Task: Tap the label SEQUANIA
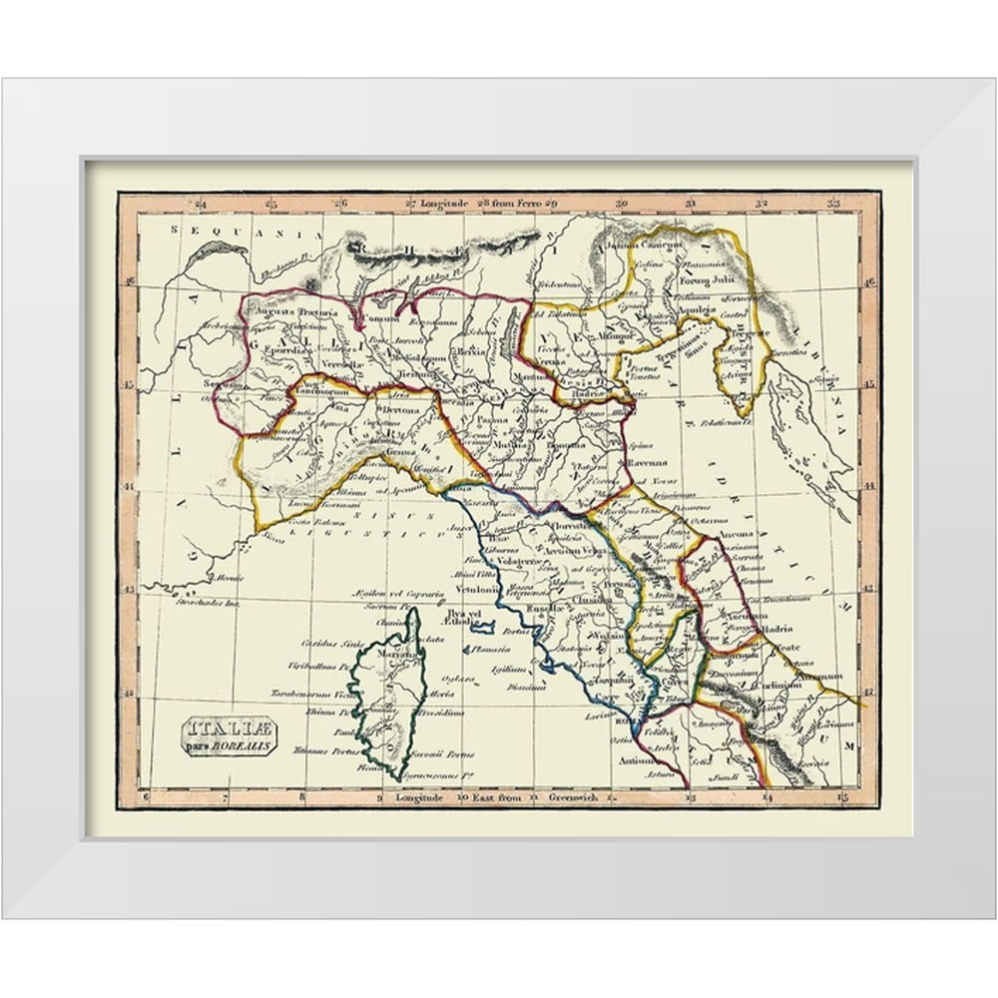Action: [x=211, y=230]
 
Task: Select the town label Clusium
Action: [x=591, y=602]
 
